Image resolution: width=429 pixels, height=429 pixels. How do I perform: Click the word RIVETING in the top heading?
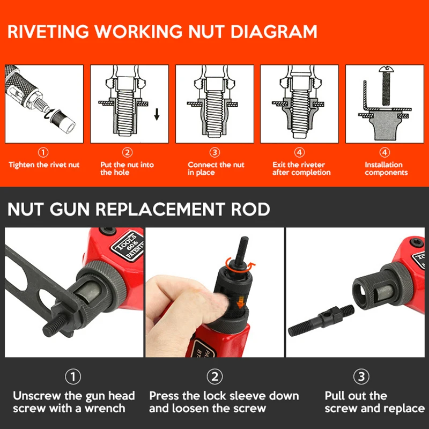coord(51,31)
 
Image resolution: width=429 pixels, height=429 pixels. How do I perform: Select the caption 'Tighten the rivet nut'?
coord(44,165)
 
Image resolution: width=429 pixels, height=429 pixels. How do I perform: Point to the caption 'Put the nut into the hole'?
coord(127,168)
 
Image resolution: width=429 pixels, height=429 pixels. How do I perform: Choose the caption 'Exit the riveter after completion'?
coord(301,168)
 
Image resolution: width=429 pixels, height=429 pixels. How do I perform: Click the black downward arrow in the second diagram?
coord(156,114)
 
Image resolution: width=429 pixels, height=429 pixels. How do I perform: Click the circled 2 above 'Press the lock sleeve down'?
coord(215,377)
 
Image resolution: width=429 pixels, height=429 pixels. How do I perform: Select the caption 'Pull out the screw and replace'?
coord(374,402)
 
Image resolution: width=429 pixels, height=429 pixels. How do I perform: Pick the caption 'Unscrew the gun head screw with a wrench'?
coord(73,402)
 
